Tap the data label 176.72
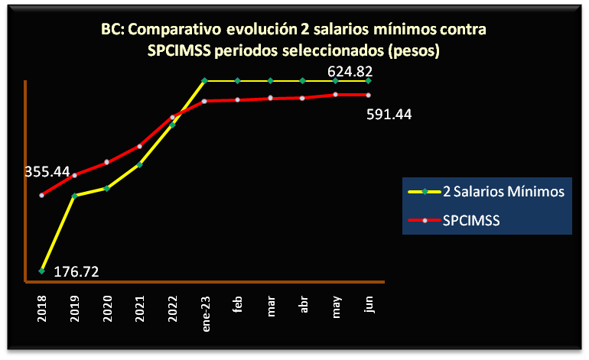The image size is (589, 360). [x=76, y=271]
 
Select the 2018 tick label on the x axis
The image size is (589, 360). [x=41, y=303]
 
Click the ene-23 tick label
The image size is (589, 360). [x=205, y=307]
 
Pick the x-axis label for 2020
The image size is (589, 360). [x=107, y=303]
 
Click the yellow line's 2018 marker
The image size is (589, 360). [x=41, y=271]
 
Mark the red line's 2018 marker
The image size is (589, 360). [x=41, y=195]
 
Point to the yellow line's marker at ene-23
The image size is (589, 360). [x=205, y=80]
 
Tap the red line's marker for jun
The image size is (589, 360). [x=369, y=95]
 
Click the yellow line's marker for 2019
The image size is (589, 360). [x=74, y=196]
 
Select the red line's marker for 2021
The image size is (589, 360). [x=140, y=146]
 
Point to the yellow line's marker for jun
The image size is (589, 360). [x=369, y=80]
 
